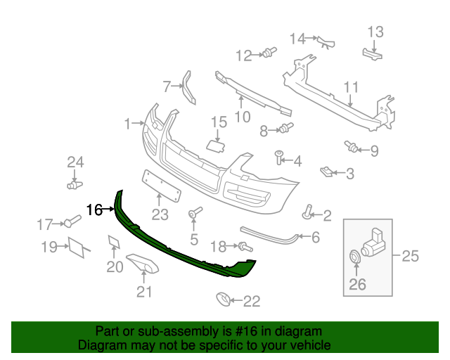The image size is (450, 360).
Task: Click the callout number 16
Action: [x=94, y=210]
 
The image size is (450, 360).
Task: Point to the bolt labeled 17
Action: [x=70, y=224]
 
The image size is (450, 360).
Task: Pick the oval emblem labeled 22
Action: [x=223, y=301]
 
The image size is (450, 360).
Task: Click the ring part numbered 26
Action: [x=354, y=257]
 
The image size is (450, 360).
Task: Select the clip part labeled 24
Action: [x=74, y=185]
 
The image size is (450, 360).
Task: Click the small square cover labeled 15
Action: [x=215, y=146]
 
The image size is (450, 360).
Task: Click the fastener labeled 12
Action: [x=268, y=51]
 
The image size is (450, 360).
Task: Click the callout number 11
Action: [x=351, y=88]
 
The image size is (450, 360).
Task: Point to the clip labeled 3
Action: [x=326, y=170]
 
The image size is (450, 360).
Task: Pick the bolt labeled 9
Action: [x=350, y=147]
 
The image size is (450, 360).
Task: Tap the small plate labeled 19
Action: [x=76, y=246]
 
